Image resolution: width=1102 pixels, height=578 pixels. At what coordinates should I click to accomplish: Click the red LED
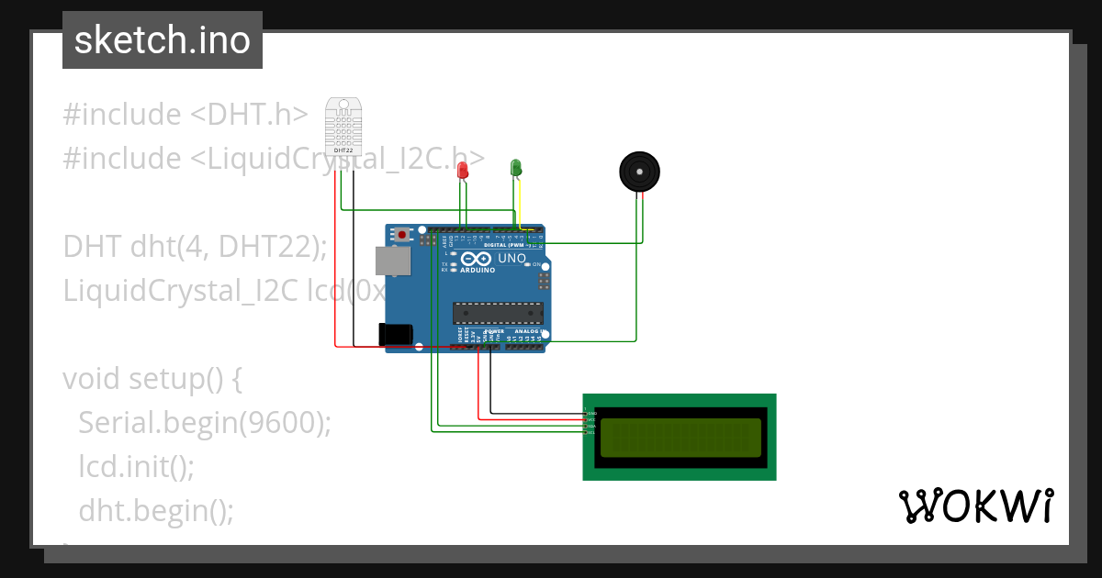[x=463, y=170]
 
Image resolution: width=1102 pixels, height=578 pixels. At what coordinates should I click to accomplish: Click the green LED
[x=516, y=167]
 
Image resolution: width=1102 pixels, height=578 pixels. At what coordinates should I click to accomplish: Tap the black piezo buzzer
[x=639, y=172]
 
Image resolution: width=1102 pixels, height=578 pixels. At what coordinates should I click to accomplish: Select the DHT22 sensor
[x=343, y=127]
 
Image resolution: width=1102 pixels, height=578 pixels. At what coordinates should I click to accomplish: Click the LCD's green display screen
[x=680, y=437]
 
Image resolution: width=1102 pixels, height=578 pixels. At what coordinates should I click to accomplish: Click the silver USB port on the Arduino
[x=394, y=261]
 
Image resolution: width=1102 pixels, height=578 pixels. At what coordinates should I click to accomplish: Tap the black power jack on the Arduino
[x=396, y=334]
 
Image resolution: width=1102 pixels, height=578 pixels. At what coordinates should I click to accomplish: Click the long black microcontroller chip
[x=497, y=313]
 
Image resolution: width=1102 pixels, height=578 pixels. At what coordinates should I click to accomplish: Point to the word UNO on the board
[x=512, y=259]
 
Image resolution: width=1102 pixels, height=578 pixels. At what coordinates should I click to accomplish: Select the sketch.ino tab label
[x=162, y=40]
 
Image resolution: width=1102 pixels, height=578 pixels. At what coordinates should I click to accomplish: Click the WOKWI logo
[x=975, y=506]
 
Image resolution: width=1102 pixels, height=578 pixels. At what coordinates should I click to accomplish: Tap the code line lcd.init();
[x=136, y=466]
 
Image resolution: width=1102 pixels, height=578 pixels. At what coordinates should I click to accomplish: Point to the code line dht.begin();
[x=156, y=510]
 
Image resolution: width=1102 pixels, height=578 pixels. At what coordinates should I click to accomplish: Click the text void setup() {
[x=152, y=378]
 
